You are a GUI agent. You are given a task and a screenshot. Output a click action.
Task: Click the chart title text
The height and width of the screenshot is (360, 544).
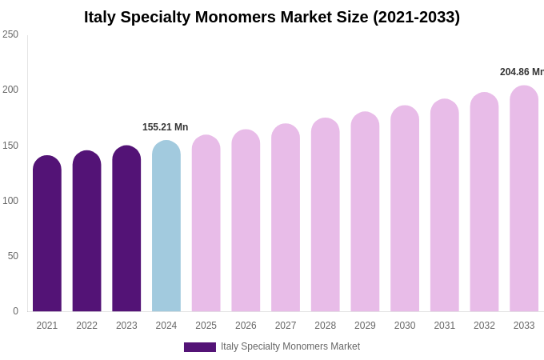pyautogui.click(x=272, y=17)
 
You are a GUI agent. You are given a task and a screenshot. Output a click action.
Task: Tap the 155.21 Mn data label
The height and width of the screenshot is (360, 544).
pyautogui.click(x=166, y=127)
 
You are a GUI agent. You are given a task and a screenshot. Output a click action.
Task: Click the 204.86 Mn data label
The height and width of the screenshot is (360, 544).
pyautogui.click(x=522, y=72)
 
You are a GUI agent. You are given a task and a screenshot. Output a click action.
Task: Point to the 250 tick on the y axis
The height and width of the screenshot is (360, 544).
pyautogui.click(x=10, y=34)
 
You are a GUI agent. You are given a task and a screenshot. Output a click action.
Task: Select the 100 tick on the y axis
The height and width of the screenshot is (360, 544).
pyautogui.click(x=10, y=201)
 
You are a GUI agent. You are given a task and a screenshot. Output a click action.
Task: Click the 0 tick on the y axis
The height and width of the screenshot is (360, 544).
pyautogui.click(x=15, y=311)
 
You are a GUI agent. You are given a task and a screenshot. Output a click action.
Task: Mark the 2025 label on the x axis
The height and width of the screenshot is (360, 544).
pyautogui.click(x=206, y=326)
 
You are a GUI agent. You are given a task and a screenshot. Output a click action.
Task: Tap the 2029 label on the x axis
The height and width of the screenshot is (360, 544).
pyautogui.click(x=365, y=326)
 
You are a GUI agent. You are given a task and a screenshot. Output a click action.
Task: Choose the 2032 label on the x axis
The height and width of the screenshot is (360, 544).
pyautogui.click(x=484, y=326)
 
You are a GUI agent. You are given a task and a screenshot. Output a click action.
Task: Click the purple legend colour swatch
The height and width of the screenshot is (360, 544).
pyautogui.click(x=200, y=347)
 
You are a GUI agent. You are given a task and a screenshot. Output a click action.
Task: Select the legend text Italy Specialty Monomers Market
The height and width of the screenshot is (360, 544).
pyautogui.click(x=290, y=346)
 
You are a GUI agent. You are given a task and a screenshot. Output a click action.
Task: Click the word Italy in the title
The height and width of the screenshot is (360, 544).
pyautogui.click(x=100, y=17)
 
